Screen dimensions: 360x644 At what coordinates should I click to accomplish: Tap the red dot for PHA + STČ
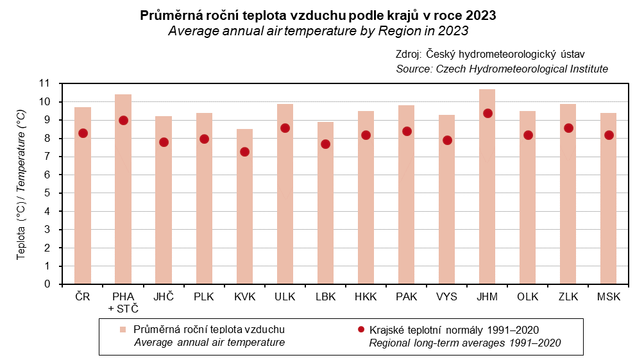click(x=123, y=120)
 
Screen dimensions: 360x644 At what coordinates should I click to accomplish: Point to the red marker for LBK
click(x=325, y=144)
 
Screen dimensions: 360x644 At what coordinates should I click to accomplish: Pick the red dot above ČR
click(x=83, y=133)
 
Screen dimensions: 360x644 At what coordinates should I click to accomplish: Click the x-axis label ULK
click(x=285, y=296)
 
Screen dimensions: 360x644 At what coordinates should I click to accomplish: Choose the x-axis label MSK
click(x=609, y=296)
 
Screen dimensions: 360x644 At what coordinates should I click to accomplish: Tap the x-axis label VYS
click(x=447, y=296)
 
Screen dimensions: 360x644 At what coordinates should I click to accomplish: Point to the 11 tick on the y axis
click(x=44, y=83)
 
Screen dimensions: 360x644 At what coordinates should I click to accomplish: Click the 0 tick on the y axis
click(x=47, y=284)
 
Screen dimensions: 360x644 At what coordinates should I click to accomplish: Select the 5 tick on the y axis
click(x=47, y=193)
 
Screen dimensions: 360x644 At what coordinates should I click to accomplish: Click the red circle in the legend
click(x=360, y=329)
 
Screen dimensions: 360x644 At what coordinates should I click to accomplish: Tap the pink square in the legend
click(x=122, y=329)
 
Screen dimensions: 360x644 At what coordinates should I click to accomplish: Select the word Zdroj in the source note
click(x=409, y=55)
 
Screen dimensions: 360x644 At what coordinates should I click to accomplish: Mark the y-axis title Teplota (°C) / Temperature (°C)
click(x=21, y=184)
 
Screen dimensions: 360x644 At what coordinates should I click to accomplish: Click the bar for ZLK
click(x=568, y=193)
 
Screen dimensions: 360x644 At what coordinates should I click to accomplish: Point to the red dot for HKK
click(x=366, y=135)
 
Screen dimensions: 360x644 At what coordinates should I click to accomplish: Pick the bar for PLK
click(x=204, y=199)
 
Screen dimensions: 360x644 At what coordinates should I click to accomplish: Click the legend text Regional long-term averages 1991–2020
click(x=465, y=343)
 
